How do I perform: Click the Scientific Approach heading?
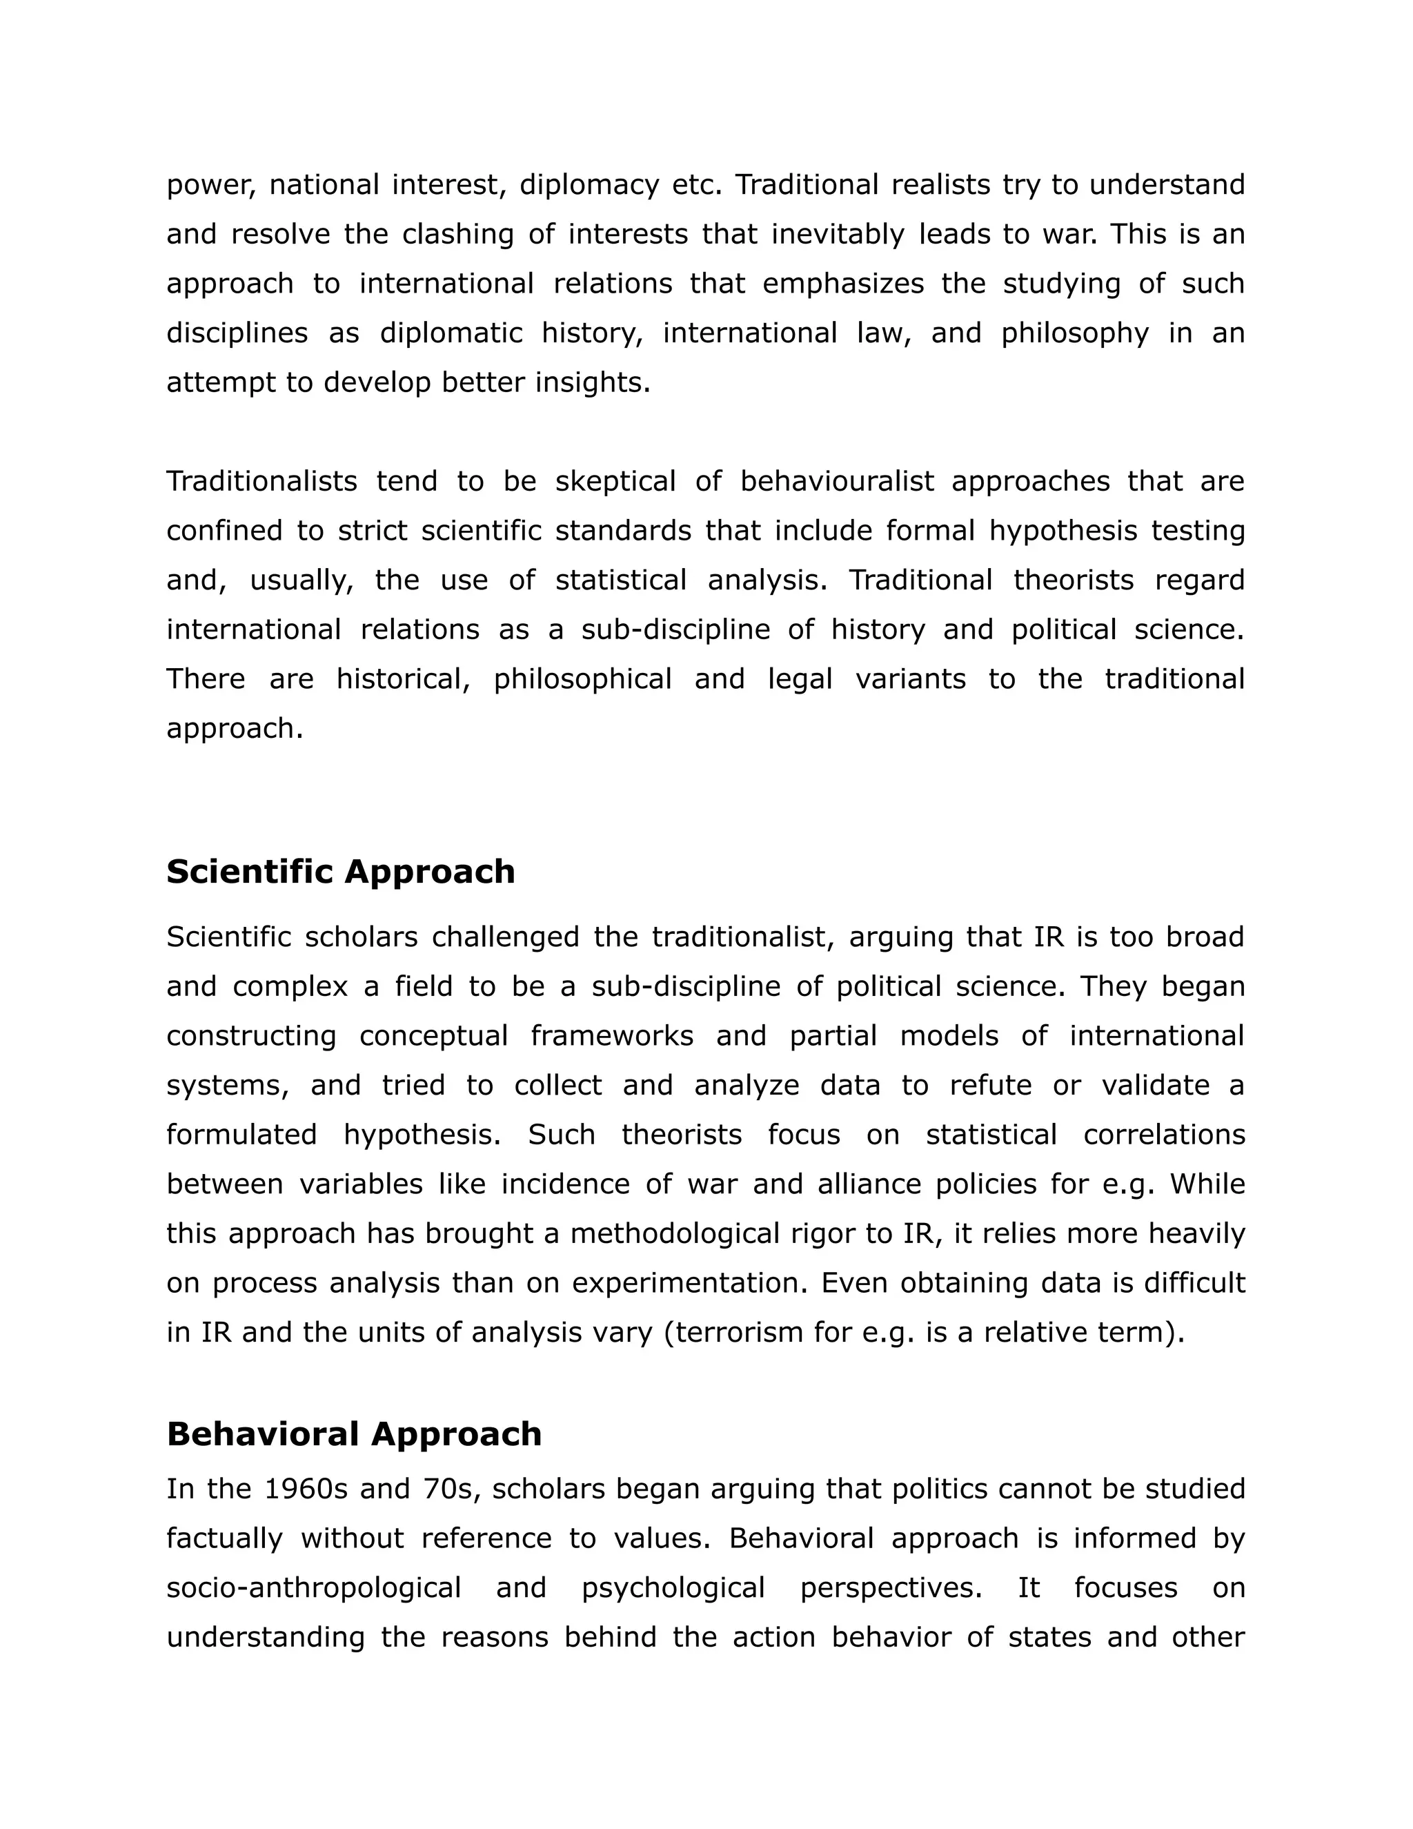pyautogui.click(x=341, y=872)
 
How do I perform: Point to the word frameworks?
pyautogui.click(x=612, y=1037)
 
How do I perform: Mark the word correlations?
pyautogui.click(x=1163, y=1135)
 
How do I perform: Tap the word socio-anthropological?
pyautogui.click(x=314, y=1589)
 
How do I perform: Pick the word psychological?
pyautogui.click(x=673, y=1589)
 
